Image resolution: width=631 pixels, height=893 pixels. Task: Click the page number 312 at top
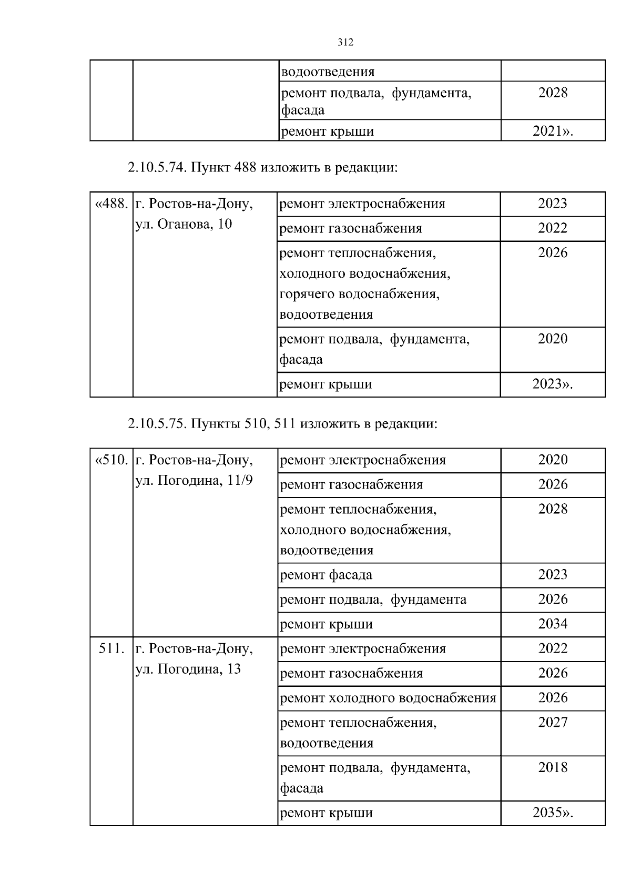click(x=345, y=43)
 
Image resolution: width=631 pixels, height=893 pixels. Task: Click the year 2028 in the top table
click(x=553, y=93)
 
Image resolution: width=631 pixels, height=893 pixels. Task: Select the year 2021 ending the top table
click(x=552, y=131)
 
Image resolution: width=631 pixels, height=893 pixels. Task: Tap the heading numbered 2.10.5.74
click(x=262, y=168)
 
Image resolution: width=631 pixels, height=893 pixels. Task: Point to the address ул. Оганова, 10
click(x=184, y=225)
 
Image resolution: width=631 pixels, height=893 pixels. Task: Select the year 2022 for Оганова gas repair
click(x=553, y=228)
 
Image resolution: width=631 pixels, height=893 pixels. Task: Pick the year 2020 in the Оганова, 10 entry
click(x=553, y=339)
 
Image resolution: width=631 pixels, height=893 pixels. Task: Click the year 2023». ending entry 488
click(x=552, y=384)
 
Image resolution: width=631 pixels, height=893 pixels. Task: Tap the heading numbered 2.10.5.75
click(x=282, y=423)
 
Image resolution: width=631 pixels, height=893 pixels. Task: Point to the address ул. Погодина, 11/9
click(x=194, y=481)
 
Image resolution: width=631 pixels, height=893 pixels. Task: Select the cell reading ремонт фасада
click(x=326, y=575)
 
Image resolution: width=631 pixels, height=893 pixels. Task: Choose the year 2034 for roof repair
click(x=553, y=624)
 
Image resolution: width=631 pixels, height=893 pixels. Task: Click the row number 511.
click(x=111, y=648)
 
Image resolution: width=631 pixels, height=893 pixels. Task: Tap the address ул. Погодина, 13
click(x=188, y=669)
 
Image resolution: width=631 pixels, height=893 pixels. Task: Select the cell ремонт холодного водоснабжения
click(x=388, y=698)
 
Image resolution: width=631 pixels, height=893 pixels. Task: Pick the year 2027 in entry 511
click(x=553, y=722)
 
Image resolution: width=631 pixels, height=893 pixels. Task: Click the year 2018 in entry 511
click(x=553, y=767)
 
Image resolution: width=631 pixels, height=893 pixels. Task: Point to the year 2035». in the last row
click(x=552, y=813)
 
